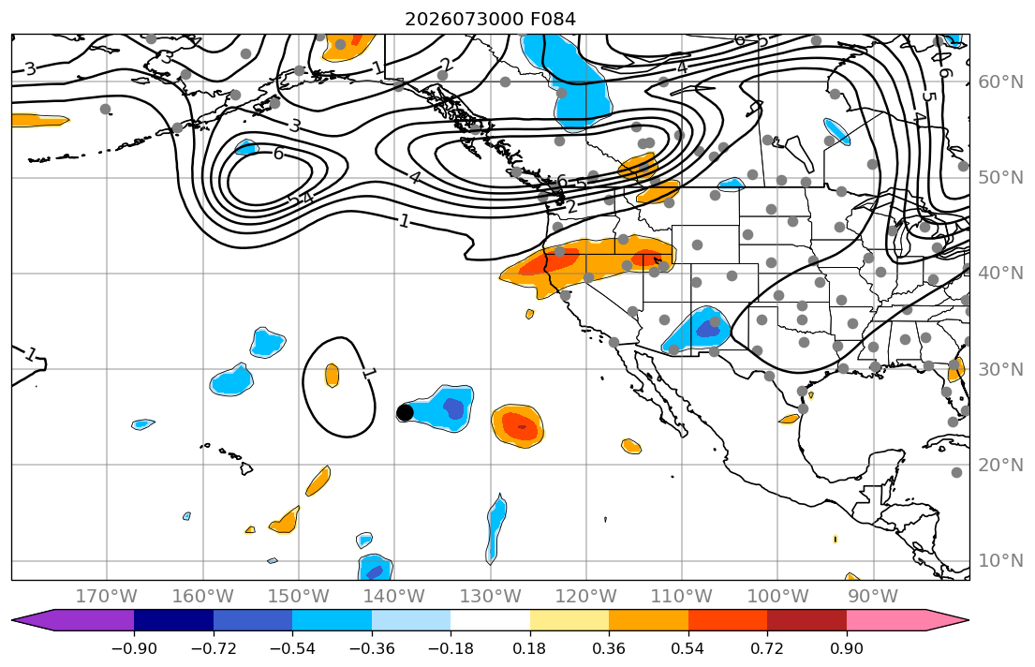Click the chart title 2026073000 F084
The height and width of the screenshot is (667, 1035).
(490, 19)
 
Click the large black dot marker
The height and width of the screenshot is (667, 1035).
(405, 413)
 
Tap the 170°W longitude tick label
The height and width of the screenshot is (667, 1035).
(107, 597)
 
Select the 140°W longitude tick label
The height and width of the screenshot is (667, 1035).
(394, 597)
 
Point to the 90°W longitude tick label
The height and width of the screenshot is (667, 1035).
(873, 597)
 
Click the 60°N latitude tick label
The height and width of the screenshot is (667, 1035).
(1000, 82)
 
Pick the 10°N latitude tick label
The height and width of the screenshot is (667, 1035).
(1000, 561)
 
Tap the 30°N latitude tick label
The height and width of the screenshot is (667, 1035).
(1000, 369)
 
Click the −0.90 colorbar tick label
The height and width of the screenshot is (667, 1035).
(134, 648)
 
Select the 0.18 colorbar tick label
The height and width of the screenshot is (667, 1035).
(529, 648)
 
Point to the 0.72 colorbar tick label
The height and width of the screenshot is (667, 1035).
(767, 648)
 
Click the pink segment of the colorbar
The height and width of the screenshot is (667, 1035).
(886, 620)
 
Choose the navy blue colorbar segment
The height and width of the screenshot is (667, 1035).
(173, 620)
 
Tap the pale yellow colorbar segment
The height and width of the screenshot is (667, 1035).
(569, 620)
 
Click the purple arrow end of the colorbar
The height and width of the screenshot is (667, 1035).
(73, 620)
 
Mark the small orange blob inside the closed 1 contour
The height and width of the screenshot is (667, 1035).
(332, 375)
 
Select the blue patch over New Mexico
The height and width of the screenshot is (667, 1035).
(704, 329)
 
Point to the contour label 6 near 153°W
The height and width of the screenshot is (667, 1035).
(278, 154)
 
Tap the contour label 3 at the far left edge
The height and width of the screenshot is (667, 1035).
(30, 68)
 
